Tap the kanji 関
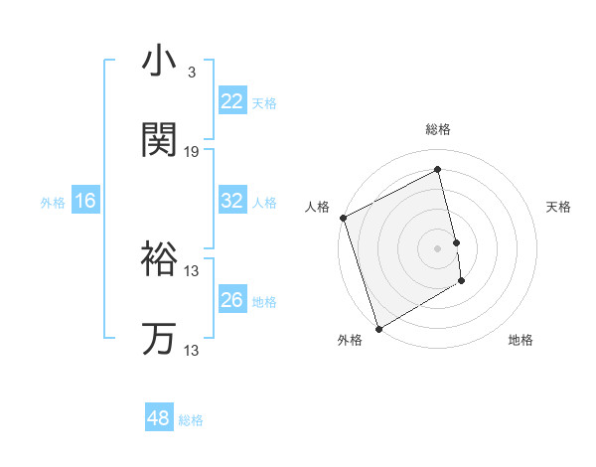[159, 140]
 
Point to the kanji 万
[159, 339]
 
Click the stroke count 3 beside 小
[191, 72]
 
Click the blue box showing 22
[232, 101]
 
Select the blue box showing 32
[232, 201]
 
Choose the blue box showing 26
[232, 300]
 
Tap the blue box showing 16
[85, 201]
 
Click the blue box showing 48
[158, 418]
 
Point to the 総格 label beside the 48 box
[191, 420]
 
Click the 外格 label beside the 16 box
[53, 203]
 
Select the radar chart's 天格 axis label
[559, 207]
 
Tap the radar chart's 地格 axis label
[521, 340]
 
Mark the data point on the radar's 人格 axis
[343, 218]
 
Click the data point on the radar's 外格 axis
[377, 328]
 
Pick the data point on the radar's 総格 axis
[438, 170]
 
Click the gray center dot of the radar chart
[438, 248]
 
